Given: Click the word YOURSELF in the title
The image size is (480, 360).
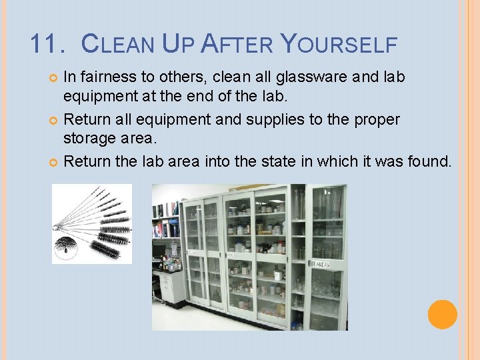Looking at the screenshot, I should [x=339, y=44].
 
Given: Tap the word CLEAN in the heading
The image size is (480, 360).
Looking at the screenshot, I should [x=116, y=44].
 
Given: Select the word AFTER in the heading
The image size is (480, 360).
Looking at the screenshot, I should [x=237, y=44].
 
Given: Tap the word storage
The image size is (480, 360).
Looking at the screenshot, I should [x=87, y=137].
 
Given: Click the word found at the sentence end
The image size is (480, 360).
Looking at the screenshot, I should [x=427, y=161].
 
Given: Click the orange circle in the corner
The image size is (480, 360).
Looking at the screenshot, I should [x=442, y=314].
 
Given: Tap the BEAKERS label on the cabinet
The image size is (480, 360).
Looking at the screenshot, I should [x=319, y=265].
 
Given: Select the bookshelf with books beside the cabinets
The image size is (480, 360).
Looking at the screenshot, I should [x=166, y=223].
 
